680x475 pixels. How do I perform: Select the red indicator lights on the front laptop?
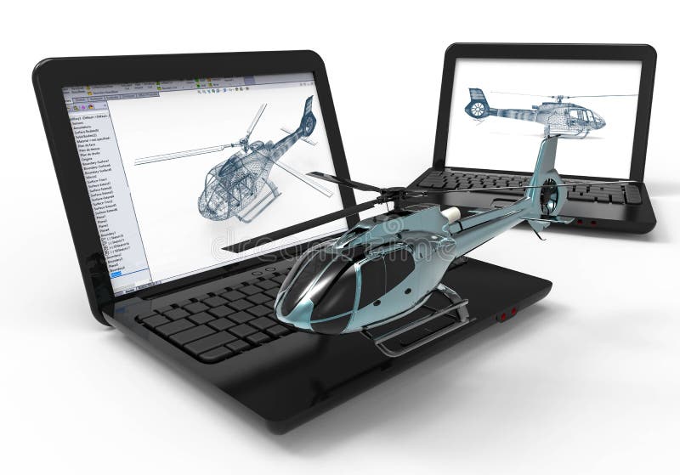[507, 314]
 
